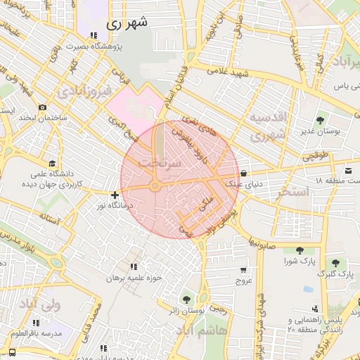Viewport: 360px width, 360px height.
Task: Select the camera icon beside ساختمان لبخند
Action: click(43, 107)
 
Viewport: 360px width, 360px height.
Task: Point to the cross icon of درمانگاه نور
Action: click(115, 194)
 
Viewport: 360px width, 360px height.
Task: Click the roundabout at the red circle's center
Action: click(154, 186)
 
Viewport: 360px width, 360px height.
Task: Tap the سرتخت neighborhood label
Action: click(161, 162)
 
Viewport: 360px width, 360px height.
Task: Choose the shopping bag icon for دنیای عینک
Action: click(243, 173)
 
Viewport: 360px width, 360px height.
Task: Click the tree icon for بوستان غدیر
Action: click(321, 120)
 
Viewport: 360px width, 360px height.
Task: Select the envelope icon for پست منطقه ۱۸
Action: click(348, 170)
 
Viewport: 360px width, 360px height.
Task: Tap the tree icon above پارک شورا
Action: click(299, 250)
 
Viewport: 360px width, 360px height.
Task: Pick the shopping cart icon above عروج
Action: click(243, 269)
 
